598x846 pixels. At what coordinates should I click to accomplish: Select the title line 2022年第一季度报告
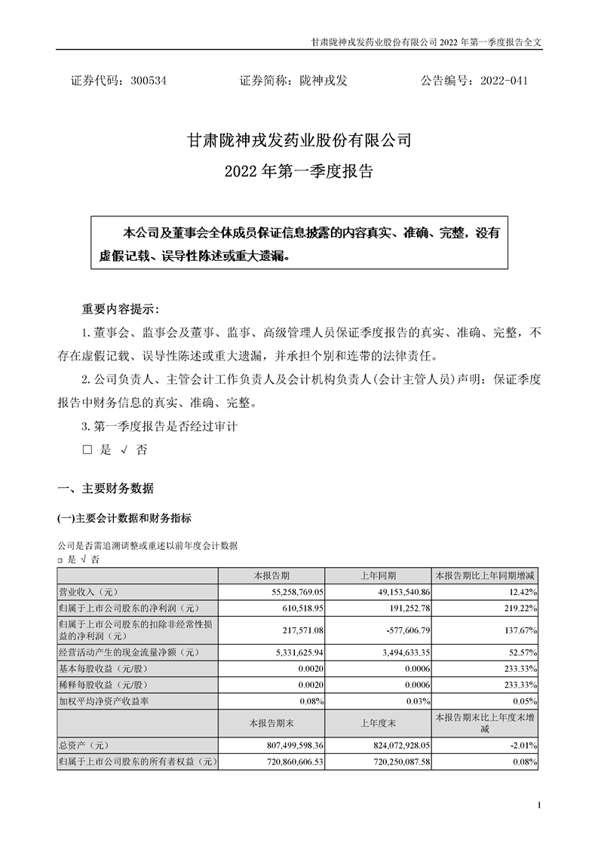[299, 171]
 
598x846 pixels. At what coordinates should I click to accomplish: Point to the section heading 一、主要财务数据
[106, 489]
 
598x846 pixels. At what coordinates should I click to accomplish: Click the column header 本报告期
[274, 575]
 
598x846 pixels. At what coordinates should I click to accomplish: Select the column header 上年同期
[378, 575]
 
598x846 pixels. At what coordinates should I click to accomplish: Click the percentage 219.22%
[518, 607]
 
